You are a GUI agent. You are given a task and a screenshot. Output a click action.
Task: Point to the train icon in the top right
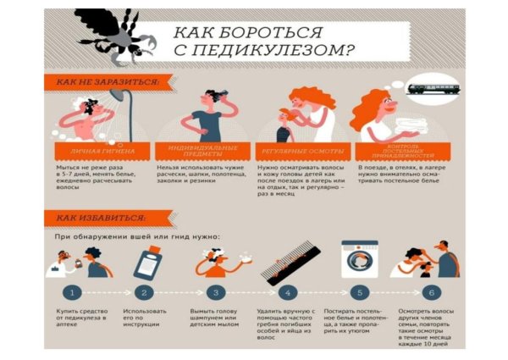(x=432, y=86)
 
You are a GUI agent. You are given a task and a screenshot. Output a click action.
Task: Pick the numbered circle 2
(x=145, y=292)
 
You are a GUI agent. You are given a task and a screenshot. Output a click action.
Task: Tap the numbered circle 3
(x=217, y=292)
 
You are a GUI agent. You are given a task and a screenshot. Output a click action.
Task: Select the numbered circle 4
(x=289, y=292)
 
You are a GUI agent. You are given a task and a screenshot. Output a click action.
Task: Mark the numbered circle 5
(x=361, y=292)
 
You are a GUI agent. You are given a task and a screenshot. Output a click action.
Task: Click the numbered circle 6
(x=432, y=292)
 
